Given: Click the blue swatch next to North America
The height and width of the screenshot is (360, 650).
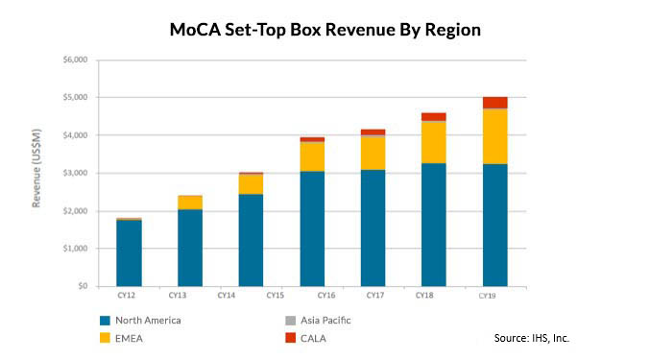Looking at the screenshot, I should (x=105, y=320).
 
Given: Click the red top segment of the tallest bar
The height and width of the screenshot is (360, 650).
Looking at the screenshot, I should (x=495, y=103).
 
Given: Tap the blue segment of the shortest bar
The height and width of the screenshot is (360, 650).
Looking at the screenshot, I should (x=129, y=253).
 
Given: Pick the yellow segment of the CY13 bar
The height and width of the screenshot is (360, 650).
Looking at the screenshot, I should (x=190, y=202).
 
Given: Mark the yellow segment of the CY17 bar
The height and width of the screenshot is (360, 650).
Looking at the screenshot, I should (x=373, y=154).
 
